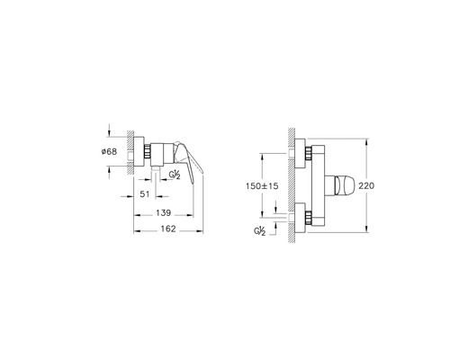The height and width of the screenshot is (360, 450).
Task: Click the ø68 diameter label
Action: click(109, 152)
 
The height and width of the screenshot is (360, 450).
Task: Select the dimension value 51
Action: click(145, 194)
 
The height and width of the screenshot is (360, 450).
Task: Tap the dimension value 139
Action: click(163, 212)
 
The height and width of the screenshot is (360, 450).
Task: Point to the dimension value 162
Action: click(168, 229)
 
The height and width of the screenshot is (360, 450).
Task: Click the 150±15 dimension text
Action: click(262, 186)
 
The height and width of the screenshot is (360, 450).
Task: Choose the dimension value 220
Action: click(366, 186)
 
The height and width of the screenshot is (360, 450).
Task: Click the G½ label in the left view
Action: click(175, 175)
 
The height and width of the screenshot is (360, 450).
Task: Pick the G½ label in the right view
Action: click(260, 231)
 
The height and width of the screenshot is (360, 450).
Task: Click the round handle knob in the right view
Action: click(345, 185)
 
